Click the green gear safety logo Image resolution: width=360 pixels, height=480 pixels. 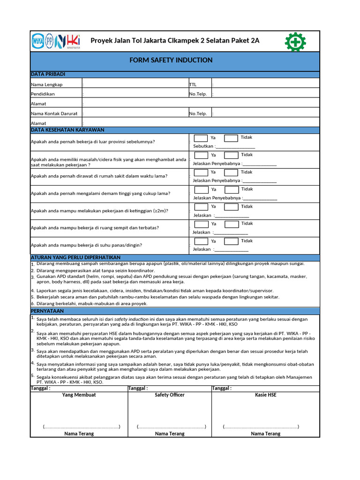[295, 41]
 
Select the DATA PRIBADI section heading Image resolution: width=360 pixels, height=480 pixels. [48, 75]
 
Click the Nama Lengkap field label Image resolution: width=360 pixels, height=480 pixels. [46, 84]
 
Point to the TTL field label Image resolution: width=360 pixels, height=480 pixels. [193, 84]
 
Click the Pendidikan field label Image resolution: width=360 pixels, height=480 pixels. [43, 94]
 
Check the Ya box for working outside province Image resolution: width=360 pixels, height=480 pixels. [201, 138]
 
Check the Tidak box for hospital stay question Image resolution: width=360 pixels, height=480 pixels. [232, 172]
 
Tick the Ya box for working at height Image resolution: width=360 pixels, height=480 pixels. [201, 207]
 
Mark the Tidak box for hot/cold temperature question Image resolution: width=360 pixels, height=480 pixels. [231, 241]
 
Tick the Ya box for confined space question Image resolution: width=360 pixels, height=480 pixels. [201, 224]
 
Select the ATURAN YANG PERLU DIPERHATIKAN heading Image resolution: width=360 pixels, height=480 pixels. [75, 258]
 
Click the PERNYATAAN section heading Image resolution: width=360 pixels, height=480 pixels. [46, 311]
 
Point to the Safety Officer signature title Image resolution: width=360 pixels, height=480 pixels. [170, 395]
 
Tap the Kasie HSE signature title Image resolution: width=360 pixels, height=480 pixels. [266, 395]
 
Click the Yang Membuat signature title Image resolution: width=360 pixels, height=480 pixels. [79, 395]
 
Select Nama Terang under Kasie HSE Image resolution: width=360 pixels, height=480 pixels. [266, 434]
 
